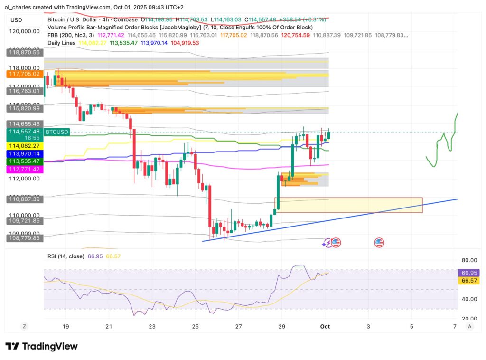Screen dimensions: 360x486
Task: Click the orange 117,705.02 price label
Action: click(x=25, y=74)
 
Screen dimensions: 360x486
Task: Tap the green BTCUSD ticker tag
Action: click(x=56, y=131)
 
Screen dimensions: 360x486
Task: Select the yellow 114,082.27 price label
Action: click(x=25, y=146)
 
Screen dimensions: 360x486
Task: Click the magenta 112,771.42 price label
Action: click(x=25, y=169)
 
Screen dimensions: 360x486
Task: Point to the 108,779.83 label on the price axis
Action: click(x=25, y=237)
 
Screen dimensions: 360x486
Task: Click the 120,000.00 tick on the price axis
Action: click(x=25, y=31)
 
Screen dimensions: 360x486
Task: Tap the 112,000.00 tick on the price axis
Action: click(x=25, y=179)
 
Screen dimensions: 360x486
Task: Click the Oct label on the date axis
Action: click(x=325, y=327)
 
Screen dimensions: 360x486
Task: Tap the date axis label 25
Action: click(x=195, y=327)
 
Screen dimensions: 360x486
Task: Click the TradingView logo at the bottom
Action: click(x=41, y=346)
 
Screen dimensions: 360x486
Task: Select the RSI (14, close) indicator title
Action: click(x=65, y=256)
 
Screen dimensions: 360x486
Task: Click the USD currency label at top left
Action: click(x=17, y=19)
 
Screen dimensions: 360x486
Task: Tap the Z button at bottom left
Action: click(x=24, y=326)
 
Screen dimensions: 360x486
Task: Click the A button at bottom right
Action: click(x=469, y=326)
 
